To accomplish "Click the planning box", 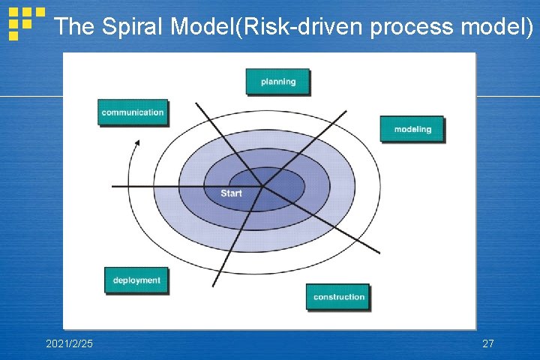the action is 277,82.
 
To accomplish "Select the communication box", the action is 132,112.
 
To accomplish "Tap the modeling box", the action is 412,129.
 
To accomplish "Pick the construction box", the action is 338,297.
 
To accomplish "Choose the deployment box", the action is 136,280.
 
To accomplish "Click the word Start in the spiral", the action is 231,193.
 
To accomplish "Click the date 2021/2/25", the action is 70,343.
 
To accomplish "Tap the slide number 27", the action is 487,343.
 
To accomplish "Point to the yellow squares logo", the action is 25,22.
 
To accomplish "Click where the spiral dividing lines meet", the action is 262,185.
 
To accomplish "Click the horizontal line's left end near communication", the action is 112,185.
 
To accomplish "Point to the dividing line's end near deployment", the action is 214,286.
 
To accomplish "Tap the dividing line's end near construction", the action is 379,253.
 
